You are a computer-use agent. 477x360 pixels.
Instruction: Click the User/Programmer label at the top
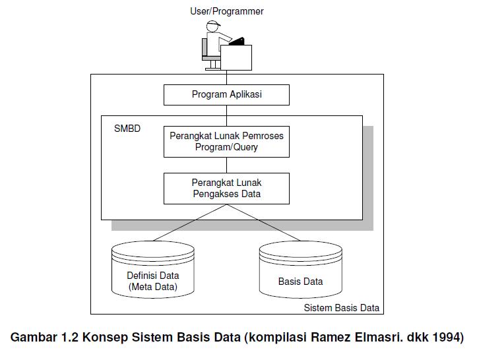(226, 11)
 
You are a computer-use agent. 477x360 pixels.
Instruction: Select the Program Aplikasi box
(226, 94)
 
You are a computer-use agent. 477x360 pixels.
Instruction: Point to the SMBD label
(127, 129)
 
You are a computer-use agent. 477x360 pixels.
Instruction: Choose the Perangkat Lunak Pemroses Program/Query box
(226, 141)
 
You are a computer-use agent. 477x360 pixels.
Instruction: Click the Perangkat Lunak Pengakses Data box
(226, 188)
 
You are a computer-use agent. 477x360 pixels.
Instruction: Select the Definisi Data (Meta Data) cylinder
(153, 270)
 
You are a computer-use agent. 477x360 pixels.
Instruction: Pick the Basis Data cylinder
(300, 270)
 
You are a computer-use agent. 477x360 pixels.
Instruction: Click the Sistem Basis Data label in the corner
(341, 308)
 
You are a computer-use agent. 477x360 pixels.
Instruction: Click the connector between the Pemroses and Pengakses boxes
(226, 165)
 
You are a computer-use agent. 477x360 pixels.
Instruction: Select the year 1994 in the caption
(448, 337)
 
